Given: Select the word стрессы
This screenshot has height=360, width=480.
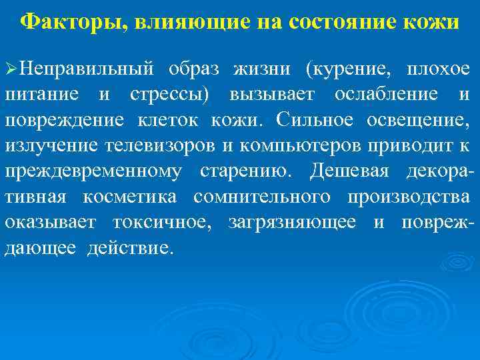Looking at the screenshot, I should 165,94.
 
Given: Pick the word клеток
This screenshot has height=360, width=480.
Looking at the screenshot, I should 180,121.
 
